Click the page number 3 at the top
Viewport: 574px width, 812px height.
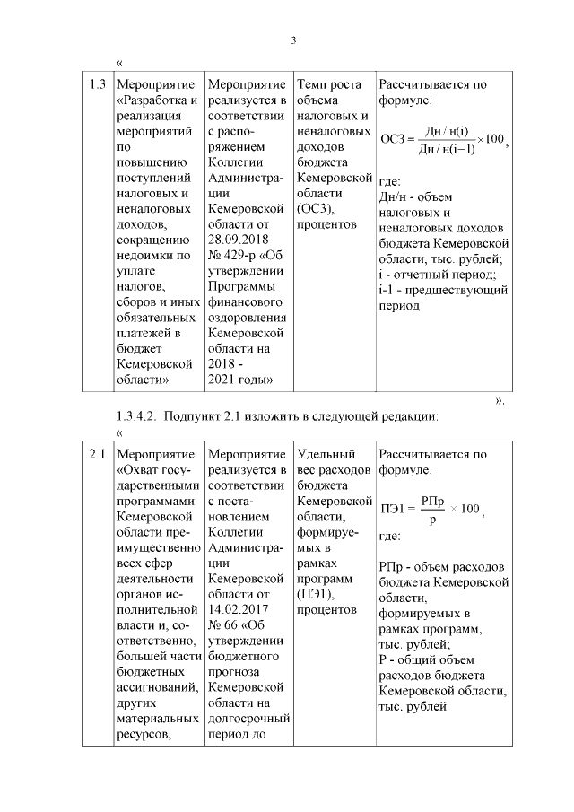(293, 40)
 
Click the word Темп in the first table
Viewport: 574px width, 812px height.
(314, 85)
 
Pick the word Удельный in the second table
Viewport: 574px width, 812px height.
(326, 454)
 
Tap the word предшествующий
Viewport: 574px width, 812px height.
(454, 290)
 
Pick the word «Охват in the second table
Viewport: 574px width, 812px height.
(142, 469)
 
